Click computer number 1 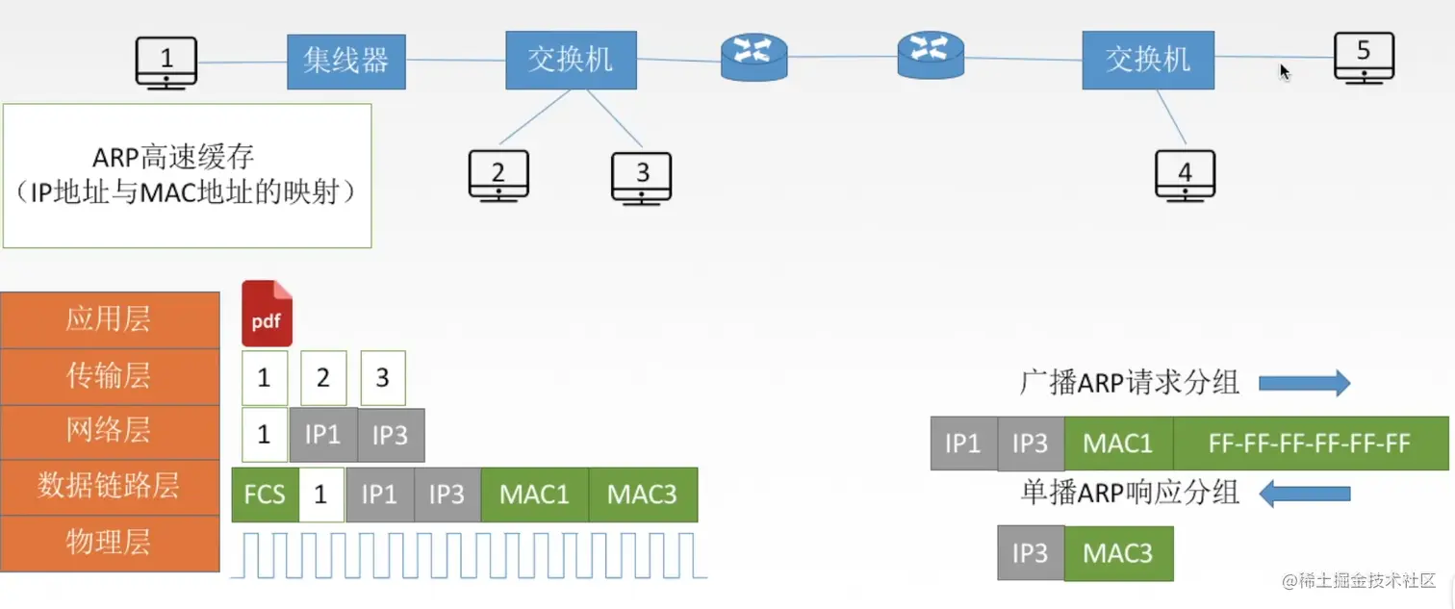[x=166, y=63]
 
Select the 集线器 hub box [x=346, y=61]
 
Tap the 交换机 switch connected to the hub [x=571, y=60]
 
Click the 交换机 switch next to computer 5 [x=1148, y=60]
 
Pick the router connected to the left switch [x=754, y=57]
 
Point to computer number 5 [x=1365, y=58]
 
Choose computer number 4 [x=1185, y=176]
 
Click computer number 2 [x=498, y=176]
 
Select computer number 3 [x=641, y=178]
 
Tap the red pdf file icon [x=267, y=314]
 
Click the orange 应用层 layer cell [x=110, y=319]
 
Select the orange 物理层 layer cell [x=110, y=543]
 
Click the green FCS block [x=265, y=495]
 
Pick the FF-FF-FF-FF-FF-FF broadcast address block [x=1310, y=444]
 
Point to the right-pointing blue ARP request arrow [x=1304, y=383]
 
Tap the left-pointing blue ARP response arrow [x=1304, y=495]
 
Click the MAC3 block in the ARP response [x=1118, y=553]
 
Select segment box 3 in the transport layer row [x=383, y=378]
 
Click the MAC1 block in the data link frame [x=535, y=495]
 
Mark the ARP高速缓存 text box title [x=173, y=158]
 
